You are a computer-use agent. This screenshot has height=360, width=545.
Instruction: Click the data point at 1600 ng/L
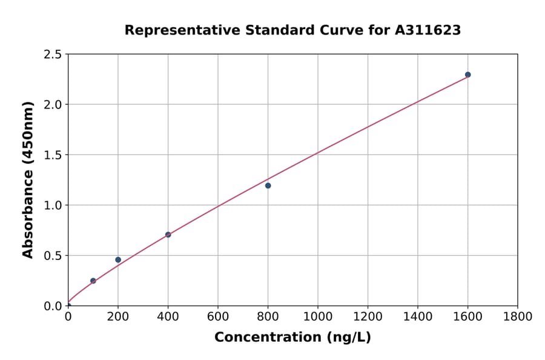click(x=467, y=75)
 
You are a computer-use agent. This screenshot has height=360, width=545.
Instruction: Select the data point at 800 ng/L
click(x=268, y=185)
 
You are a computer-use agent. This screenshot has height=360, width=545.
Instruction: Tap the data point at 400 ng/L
click(x=168, y=235)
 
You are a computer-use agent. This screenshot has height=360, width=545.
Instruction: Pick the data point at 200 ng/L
click(x=118, y=259)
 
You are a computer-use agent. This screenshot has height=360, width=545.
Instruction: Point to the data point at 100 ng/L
click(x=93, y=281)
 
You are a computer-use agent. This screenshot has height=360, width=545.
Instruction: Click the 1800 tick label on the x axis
click(x=517, y=316)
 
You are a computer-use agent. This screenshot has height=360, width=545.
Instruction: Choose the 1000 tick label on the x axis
click(x=317, y=316)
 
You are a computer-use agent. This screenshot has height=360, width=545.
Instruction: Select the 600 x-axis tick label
click(x=218, y=316)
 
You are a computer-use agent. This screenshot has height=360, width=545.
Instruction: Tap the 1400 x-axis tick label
click(x=417, y=316)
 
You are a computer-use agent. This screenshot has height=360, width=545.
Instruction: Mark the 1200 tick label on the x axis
click(x=368, y=316)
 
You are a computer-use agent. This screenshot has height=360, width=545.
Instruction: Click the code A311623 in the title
click(x=429, y=30)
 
